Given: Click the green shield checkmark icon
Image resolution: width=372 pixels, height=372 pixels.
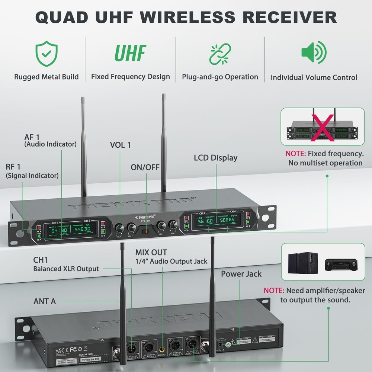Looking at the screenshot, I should [x=46, y=54].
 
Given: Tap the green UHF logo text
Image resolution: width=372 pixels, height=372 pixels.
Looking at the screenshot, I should [x=130, y=54].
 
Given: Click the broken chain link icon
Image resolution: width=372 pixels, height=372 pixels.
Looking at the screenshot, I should [x=220, y=54].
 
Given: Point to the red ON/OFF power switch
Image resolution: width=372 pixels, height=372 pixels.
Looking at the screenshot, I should [x=147, y=232].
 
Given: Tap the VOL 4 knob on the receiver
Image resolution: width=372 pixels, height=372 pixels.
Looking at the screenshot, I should [x=173, y=225].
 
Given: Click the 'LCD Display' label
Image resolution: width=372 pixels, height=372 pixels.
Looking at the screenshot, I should [x=215, y=158].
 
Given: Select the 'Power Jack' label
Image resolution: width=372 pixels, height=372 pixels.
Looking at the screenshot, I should [x=241, y=274].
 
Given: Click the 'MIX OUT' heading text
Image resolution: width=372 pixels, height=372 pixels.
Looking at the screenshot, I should [x=151, y=253].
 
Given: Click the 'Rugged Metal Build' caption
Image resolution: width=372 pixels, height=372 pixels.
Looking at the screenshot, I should [x=46, y=77].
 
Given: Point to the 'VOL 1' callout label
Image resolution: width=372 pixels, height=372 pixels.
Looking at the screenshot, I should [x=120, y=145].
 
